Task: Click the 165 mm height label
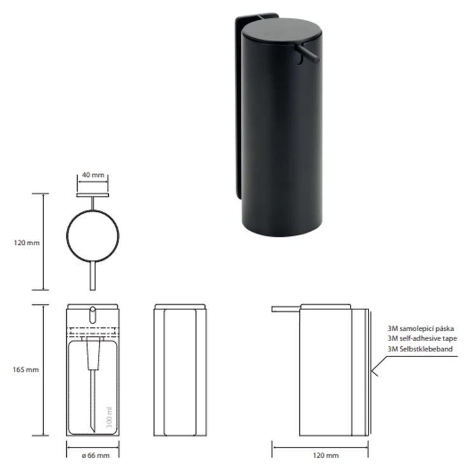(24, 369)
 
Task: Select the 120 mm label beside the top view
(24, 243)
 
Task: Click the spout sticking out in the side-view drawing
(285, 311)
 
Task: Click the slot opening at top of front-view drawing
(93, 314)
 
